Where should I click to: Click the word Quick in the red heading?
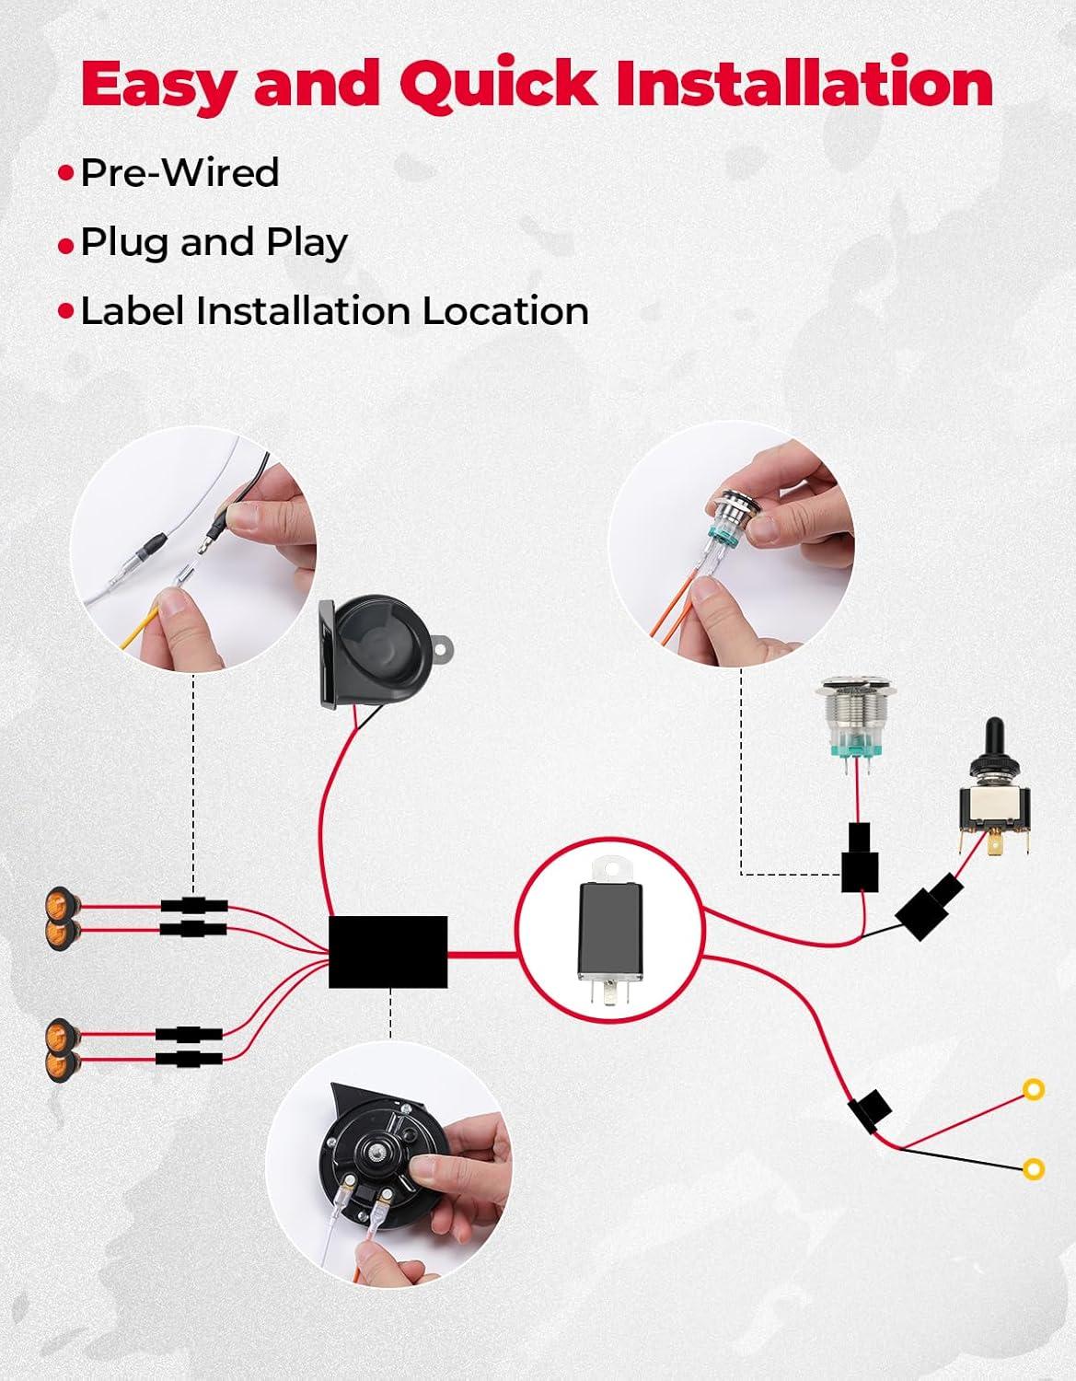[497, 83]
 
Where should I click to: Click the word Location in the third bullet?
[505, 311]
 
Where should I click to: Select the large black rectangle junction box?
[388, 951]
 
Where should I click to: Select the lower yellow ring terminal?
[1034, 1168]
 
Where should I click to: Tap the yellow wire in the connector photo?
[141, 627]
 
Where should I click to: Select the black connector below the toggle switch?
[930, 906]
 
